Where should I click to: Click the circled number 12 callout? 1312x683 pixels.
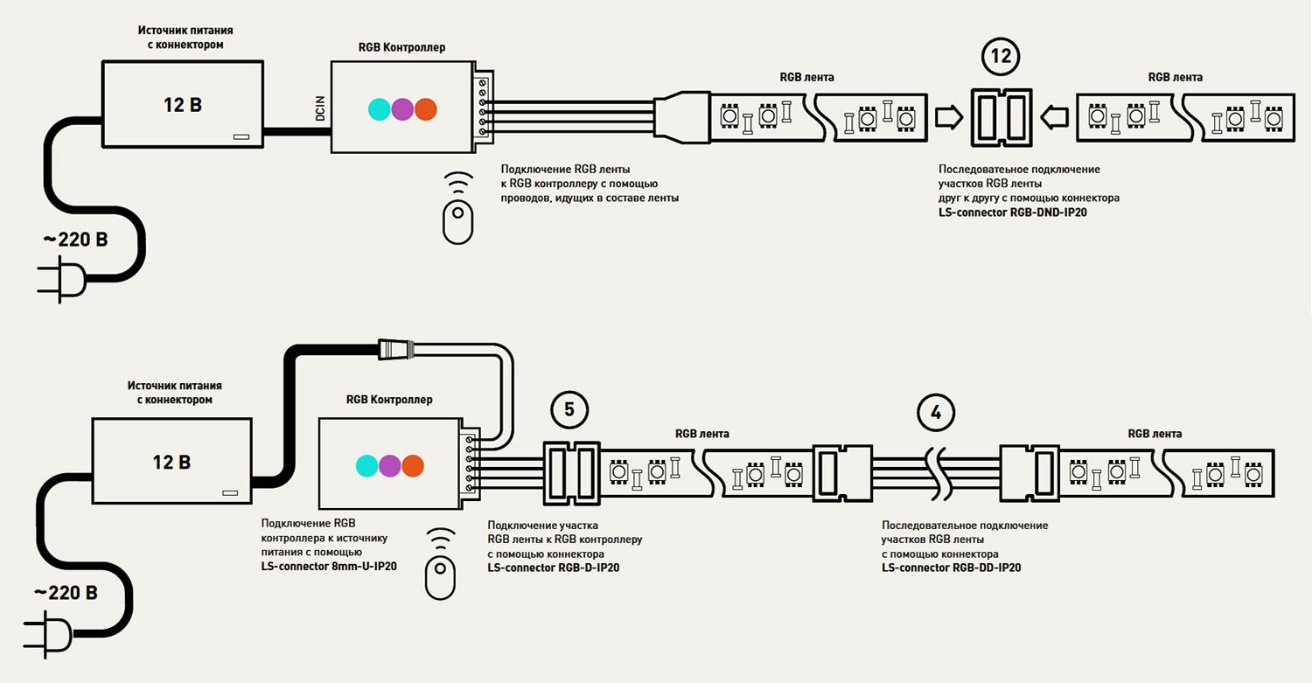coord(1001,57)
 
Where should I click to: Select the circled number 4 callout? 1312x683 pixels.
coord(937,413)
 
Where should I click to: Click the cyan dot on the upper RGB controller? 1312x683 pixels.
coord(379,108)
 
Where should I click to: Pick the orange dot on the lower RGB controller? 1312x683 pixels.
coord(413,465)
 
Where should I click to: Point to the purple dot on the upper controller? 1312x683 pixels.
coord(402,108)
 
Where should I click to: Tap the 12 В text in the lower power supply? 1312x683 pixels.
coord(171,462)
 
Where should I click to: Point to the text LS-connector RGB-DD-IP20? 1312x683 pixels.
coord(952,568)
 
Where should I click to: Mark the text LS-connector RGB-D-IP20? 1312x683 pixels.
coord(553,568)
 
